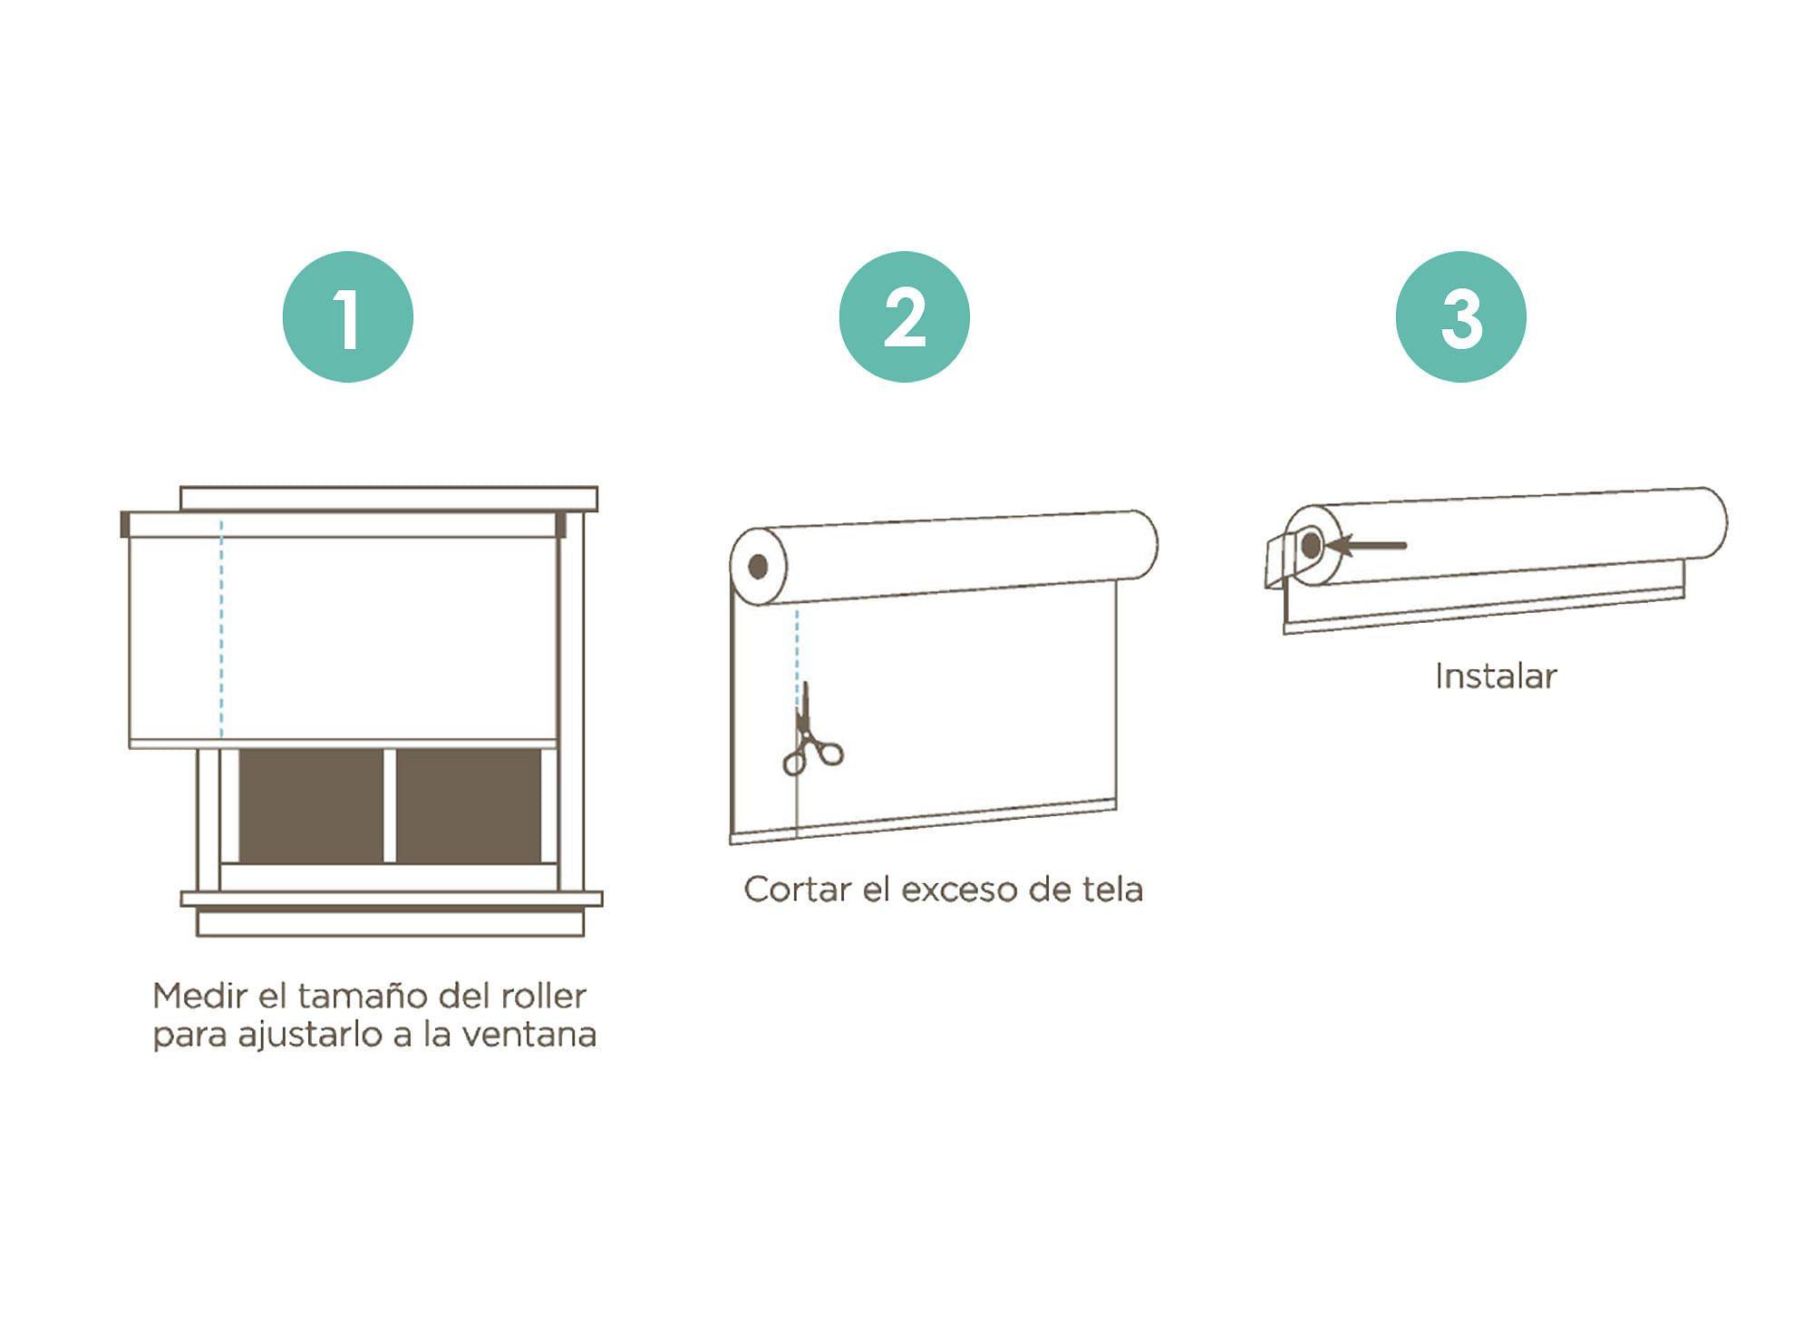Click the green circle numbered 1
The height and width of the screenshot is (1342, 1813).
click(x=348, y=316)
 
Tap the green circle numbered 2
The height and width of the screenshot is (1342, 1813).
click(x=904, y=316)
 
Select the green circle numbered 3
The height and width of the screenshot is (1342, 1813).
click(x=1460, y=316)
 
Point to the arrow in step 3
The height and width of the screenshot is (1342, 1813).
click(x=1366, y=546)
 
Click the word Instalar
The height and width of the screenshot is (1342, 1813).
click(x=1496, y=676)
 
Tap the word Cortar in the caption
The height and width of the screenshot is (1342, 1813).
click(x=798, y=890)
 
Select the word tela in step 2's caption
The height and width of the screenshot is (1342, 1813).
click(x=1112, y=890)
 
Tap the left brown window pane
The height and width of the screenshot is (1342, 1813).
click(x=311, y=806)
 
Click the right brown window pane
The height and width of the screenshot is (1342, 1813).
click(x=469, y=806)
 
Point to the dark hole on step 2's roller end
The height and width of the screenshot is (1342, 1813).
click(x=759, y=567)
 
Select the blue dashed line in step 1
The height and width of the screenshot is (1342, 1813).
click(x=221, y=629)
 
